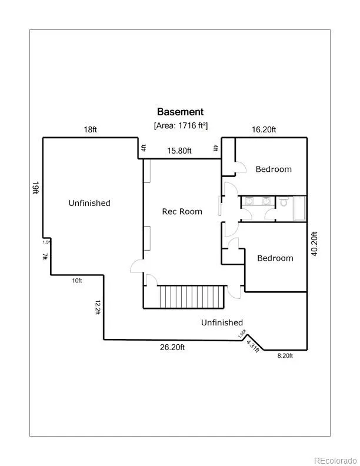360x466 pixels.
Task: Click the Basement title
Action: click(180, 112)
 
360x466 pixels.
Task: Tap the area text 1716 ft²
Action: click(181, 125)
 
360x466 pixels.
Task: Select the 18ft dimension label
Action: click(90, 130)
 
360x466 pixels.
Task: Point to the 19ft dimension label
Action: click(36, 188)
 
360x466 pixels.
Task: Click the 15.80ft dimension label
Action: click(179, 151)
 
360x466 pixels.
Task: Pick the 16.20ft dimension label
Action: click(264, 130)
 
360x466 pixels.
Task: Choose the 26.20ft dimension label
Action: click(172, 347)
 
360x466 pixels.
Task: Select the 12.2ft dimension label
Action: click(97, 307)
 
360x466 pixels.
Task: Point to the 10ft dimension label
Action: click(77, 281)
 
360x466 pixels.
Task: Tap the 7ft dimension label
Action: click(45, 257)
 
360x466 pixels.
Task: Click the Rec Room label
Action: click(182, 211)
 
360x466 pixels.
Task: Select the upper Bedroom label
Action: click(274, 169)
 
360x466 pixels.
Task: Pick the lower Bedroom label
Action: click(275, 258)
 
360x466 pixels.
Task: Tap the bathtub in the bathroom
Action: click(299, 208)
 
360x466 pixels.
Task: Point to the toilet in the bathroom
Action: click(284, 203)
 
